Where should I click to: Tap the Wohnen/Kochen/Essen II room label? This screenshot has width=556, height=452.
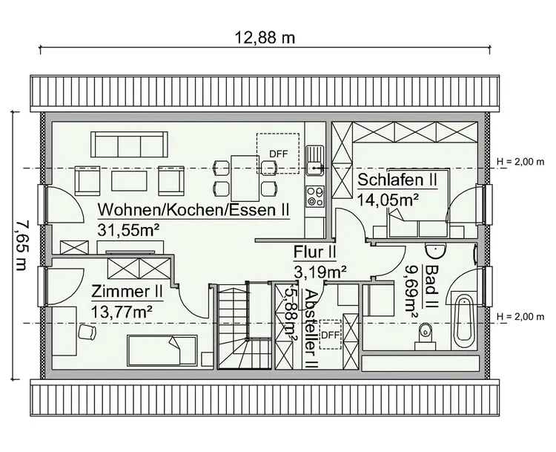193,210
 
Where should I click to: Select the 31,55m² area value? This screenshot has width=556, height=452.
130,229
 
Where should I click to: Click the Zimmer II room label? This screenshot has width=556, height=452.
127,290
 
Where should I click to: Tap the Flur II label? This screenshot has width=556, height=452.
315,251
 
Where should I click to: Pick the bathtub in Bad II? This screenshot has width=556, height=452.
464,321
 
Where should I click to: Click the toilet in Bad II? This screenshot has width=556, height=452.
426,334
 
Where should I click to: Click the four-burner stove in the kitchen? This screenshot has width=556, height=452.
315,196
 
